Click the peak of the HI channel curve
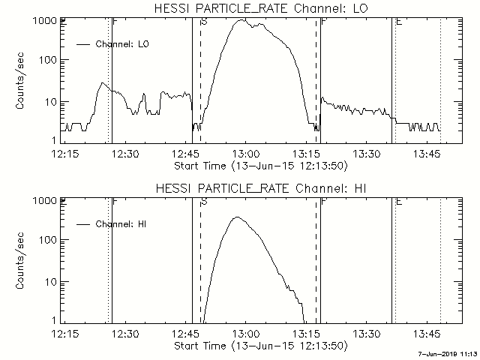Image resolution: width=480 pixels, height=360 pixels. (x=237, y=217)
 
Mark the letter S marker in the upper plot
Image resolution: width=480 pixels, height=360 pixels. (x=204, y=22)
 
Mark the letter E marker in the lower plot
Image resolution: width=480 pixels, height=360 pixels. (x=398, y=202)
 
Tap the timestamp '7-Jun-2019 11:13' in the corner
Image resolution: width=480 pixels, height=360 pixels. (x=448, y=355)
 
